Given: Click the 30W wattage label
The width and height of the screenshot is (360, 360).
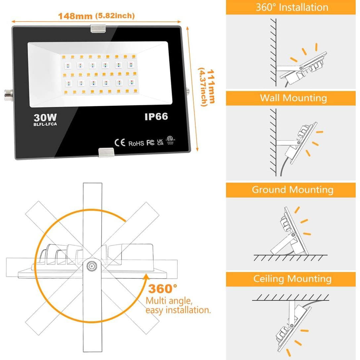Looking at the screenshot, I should click(45, 117).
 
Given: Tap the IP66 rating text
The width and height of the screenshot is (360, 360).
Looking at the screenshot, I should click(156, 116).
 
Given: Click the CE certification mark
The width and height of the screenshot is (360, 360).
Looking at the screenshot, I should click(120, 143).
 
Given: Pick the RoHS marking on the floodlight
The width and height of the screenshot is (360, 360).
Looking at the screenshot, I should click(136, 143).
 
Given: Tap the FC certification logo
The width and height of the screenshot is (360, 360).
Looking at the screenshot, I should click(150, 143).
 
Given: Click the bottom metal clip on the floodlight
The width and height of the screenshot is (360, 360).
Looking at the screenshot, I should click(106, 152).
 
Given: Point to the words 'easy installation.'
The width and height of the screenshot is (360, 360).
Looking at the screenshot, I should click(178, 310).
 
